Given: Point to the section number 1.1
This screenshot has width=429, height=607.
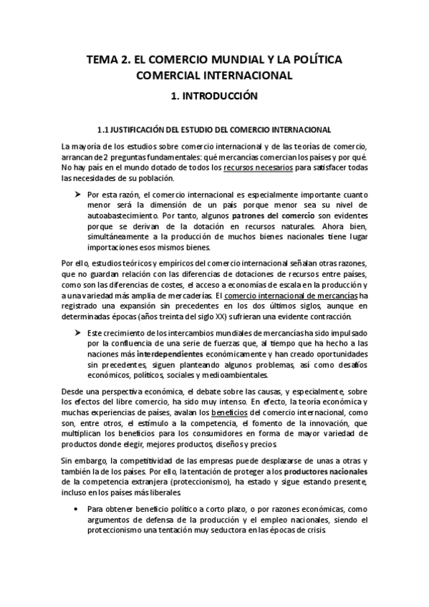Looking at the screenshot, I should [102, 130].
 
